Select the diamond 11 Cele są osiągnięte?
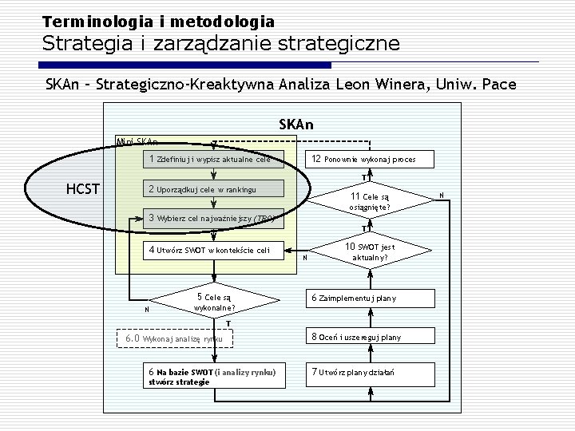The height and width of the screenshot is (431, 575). click(x=369, y=201)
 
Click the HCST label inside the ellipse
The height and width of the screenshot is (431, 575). click(x=83, y=189)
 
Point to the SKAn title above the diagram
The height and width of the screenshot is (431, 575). click(x=296, y=125)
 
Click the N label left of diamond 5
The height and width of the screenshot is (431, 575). click(x=145, y=310)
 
